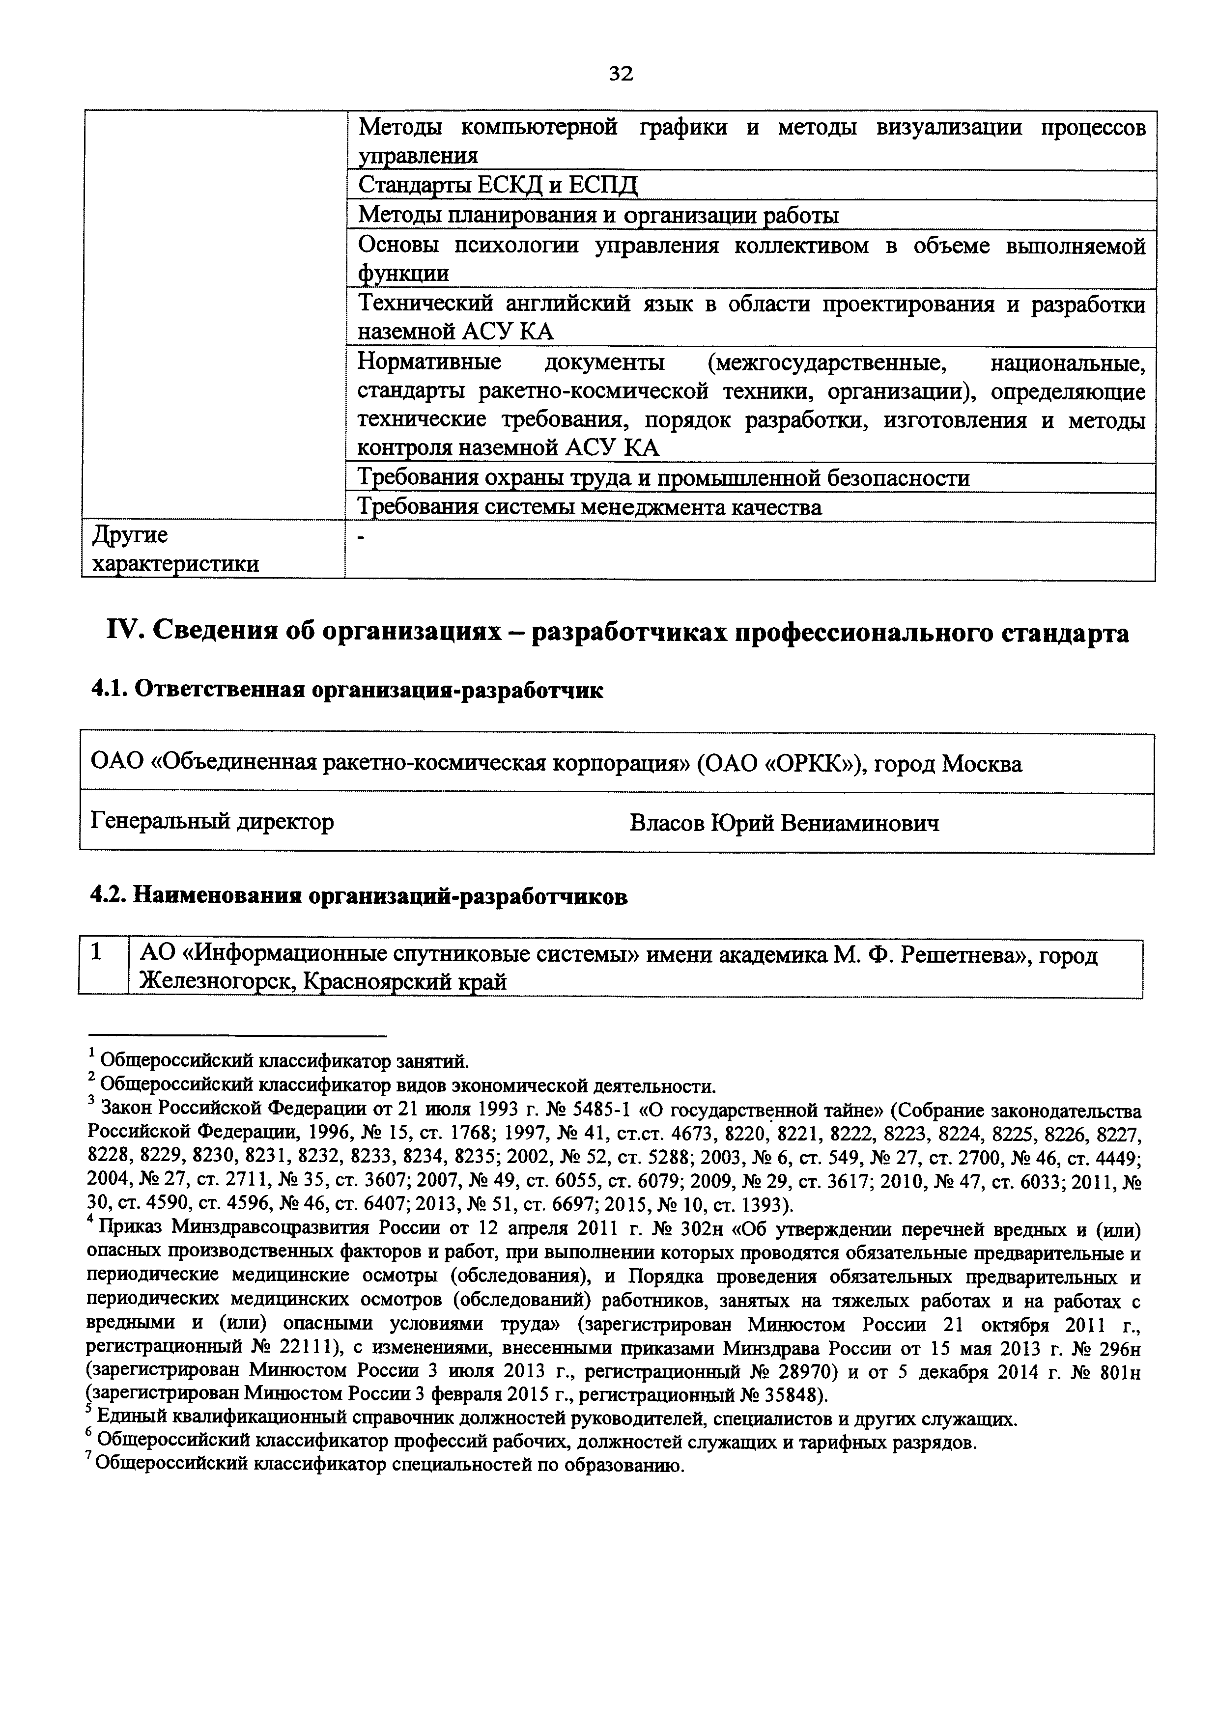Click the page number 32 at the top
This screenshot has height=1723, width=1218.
click(621, 74)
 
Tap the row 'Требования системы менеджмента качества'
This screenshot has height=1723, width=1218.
click(590, 508)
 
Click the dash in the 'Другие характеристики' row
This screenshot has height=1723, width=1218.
click(363, 537)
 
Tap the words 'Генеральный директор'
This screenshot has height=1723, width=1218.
click(212, 822)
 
